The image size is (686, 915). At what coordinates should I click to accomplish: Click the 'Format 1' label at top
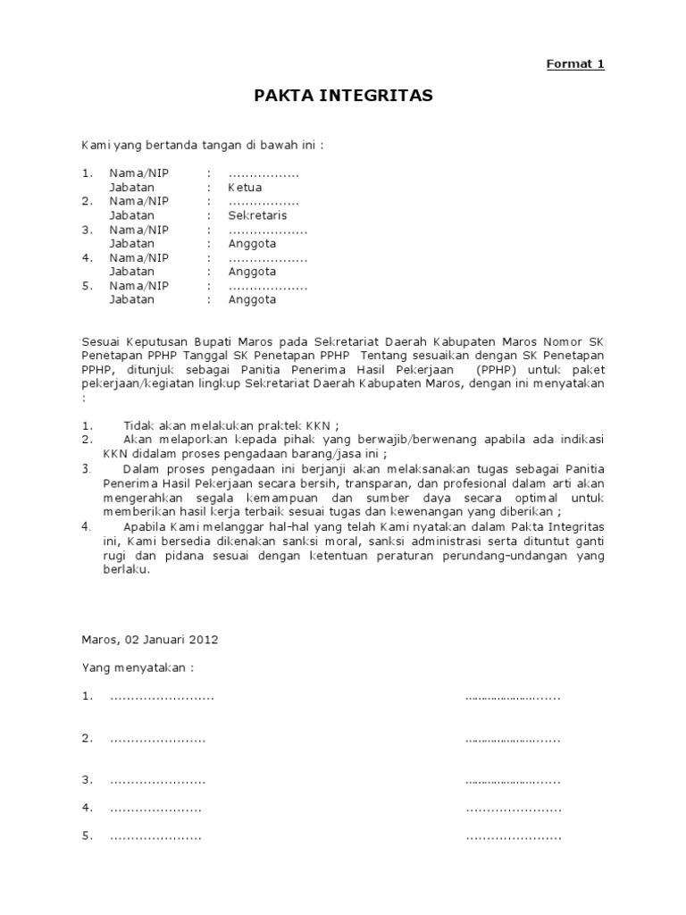(x=575, y=63)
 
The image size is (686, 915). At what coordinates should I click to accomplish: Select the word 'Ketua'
(x=246, y=188)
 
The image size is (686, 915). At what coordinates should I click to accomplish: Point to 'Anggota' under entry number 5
(x=252, y=299)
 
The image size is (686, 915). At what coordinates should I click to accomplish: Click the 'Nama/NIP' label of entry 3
(x=138, y=230)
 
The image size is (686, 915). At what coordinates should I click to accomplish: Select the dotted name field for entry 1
(x=264, y=173)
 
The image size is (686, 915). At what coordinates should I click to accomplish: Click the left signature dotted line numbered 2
(x=157, y=739)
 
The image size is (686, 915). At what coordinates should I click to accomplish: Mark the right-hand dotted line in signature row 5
(x=514, y=837)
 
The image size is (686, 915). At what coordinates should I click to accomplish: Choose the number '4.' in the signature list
(x=88, y=808)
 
